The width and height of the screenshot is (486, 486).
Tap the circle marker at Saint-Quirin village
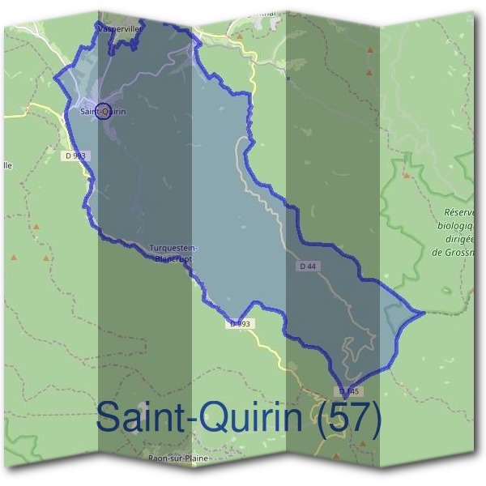[x=102, y=113]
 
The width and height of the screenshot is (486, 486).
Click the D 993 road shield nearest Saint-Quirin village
[x=78, y=155]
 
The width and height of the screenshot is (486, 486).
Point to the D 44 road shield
[x=307, y=266]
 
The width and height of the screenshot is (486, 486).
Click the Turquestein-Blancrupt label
[x=174, y=252]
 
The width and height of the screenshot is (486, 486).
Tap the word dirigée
[x=457, y=239]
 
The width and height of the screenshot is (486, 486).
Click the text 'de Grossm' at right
[x=454, y=252]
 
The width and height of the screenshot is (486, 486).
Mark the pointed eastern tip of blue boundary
[x=424, y=311]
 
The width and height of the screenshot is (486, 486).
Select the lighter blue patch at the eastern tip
[x=401, y=318]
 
